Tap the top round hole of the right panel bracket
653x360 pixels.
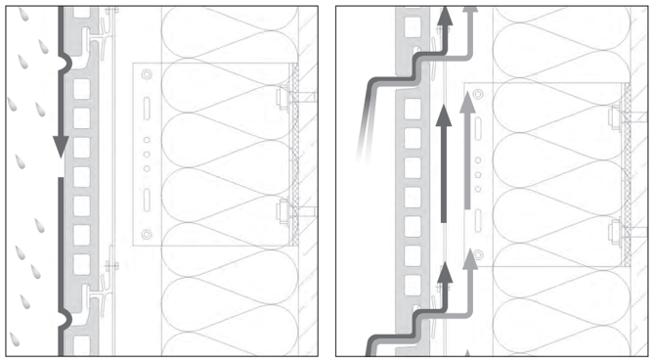[x=477, y=96]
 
